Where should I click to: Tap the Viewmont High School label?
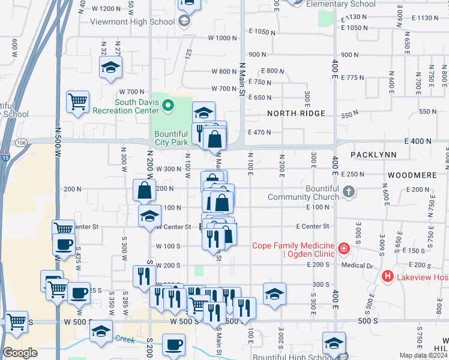[132, 22]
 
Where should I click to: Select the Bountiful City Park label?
[171, 138]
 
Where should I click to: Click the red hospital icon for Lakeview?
[388, 277]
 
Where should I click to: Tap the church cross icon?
[349, 193]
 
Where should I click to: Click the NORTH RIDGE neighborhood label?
[296, 113]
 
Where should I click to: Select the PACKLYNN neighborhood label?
[373, 155]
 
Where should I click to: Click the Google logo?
[20, 353]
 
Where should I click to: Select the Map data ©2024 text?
[424, 355]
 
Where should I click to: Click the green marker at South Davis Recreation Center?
[169, 106]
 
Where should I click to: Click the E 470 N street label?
[259, 133]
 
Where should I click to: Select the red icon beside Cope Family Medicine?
[343, 248]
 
